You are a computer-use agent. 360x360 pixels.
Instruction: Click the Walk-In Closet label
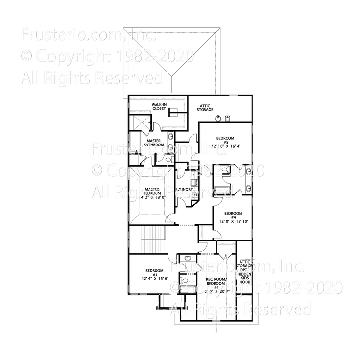click(159, 106)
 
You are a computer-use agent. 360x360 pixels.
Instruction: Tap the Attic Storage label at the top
click(205, 108)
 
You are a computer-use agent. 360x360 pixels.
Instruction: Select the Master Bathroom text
click(154, 143)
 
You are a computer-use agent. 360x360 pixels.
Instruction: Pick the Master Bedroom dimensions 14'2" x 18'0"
click(152, 197)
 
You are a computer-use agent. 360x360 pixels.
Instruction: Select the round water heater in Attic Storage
click(218, 118)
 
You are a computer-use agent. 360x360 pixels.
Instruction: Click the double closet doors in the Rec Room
click(226, 249)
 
